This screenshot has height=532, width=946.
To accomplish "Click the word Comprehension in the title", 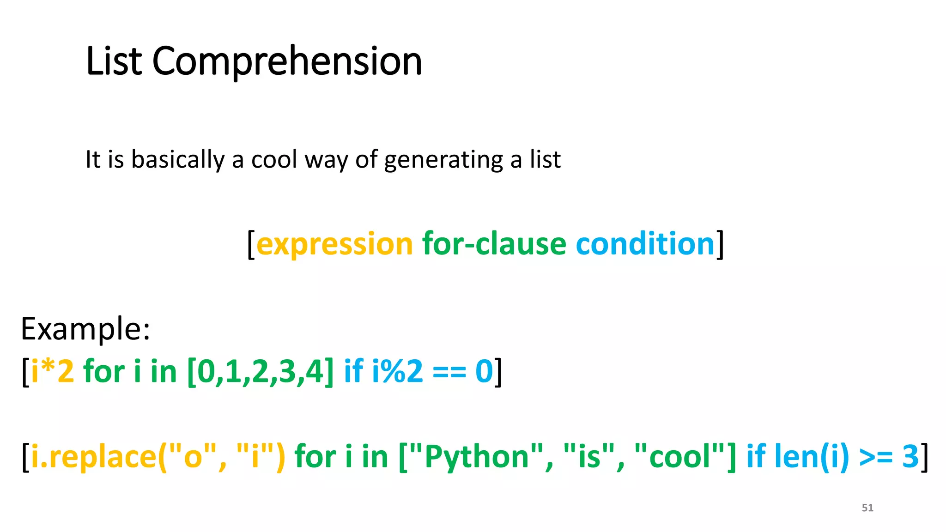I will tap(287, 61).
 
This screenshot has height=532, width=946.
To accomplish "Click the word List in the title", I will tap(114, 61).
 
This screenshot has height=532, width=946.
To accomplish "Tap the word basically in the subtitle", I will tap(178, 160).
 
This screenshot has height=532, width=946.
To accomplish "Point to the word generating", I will tap(443, 160).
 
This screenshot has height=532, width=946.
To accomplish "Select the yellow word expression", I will tap(334, 244).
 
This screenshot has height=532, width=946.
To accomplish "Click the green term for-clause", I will tap(494, 244).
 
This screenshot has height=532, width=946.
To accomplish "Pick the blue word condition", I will tap(645, 244).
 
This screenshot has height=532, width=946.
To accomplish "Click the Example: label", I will tap(85, 329).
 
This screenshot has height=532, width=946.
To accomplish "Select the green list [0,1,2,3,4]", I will tap(260, 371).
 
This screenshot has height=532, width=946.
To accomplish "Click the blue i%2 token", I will tap(397, 371).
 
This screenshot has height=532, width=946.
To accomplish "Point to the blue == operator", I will tap(449, 371).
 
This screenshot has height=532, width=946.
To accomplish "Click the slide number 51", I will tap(867, 508).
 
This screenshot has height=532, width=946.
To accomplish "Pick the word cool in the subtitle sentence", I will tap(274, 160).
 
